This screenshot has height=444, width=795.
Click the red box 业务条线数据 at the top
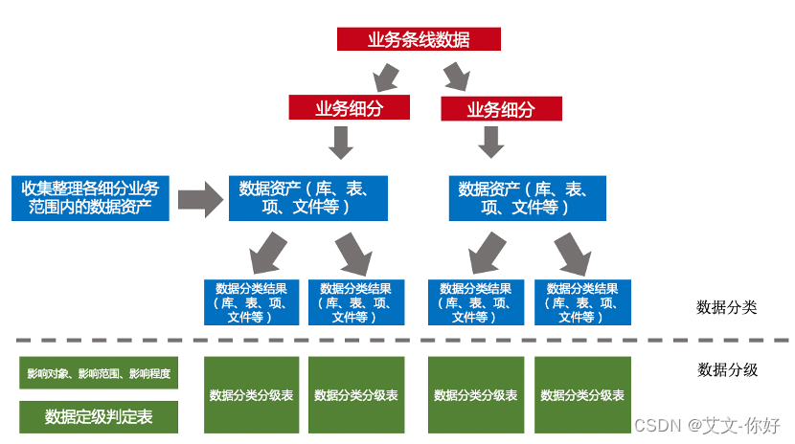pos(419,39)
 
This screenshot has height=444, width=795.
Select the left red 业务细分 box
pos(349,108)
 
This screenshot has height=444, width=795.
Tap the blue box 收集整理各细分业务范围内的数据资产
pos(90,198)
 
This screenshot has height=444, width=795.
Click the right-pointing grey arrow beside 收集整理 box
pos(199,198)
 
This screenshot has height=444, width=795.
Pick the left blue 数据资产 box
pos(307,198)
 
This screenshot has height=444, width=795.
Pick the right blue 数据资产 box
pos(527,198)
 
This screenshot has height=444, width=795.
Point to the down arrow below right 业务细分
pos(491,143)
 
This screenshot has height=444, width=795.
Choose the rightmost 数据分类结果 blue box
pos(582,302)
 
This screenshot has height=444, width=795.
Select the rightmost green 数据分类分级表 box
pos(582,394)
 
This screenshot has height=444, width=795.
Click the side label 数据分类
pos(726,307)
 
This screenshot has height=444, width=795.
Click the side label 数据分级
pos(727,369)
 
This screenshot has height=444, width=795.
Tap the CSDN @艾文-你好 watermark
pos(708,425)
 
